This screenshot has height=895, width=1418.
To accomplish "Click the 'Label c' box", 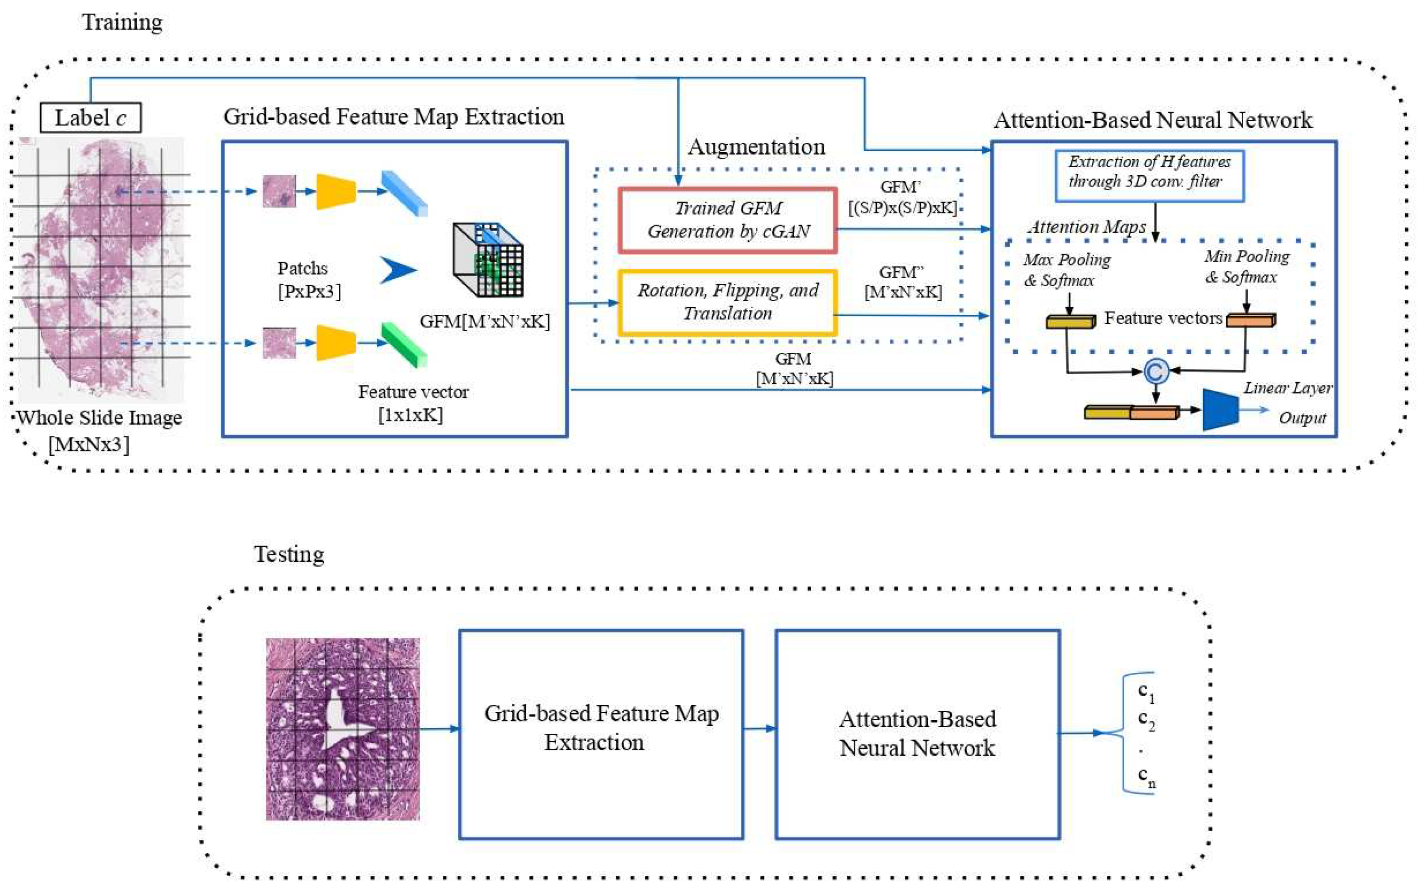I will (x=91, y=118).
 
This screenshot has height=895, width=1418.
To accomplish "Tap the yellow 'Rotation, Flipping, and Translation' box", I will (x=728, y=302).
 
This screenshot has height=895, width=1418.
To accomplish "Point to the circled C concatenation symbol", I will (x=1155, y=372).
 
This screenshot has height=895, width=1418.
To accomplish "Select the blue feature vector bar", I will (x=404, y=193).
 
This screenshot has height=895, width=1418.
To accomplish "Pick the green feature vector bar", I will (x=404, y=344).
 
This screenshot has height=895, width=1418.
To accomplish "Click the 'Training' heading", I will (x=122, y=23).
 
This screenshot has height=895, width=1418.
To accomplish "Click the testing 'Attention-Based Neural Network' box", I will (x=917, y=734).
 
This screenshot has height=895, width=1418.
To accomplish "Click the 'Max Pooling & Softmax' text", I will (x=1066, y=270).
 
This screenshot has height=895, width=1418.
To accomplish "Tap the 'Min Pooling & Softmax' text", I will (x=1246, y=266).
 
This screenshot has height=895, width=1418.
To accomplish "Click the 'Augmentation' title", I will (x=756, y=147).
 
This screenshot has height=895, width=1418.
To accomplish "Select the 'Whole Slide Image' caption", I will (x=99, y=418).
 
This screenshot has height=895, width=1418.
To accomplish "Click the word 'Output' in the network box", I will (x=1302, y=418).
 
